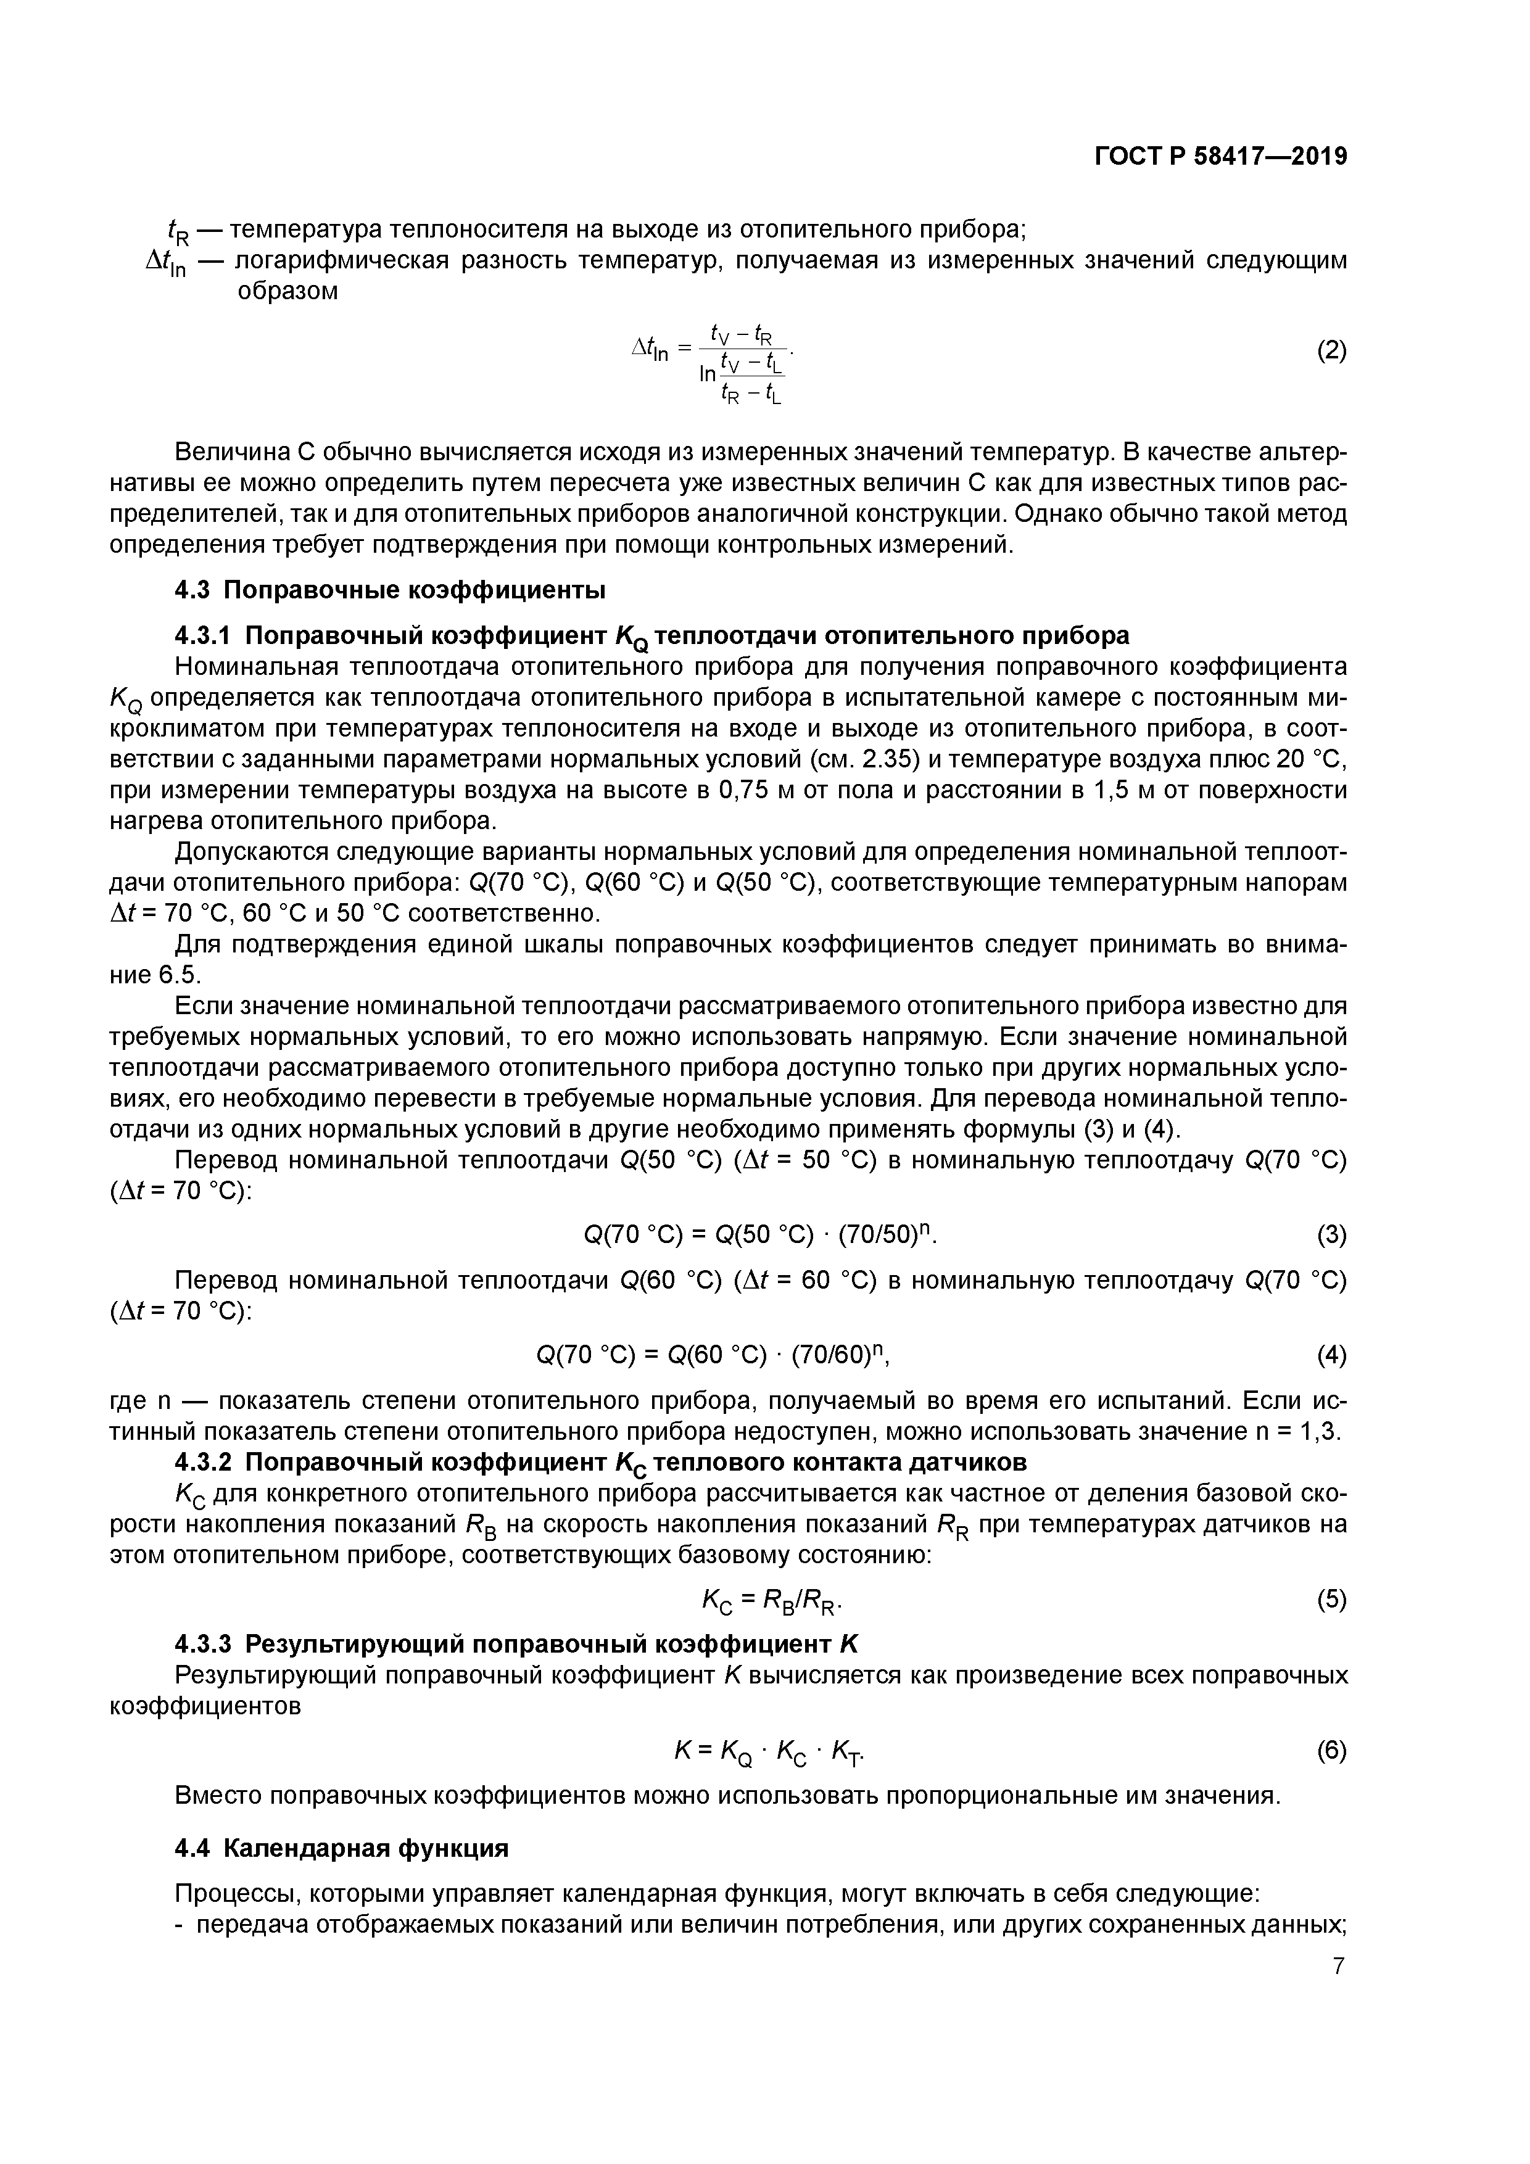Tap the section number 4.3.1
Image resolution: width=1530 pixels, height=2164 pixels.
click(209, 635)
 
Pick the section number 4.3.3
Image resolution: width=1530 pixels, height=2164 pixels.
click(209, 1645)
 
